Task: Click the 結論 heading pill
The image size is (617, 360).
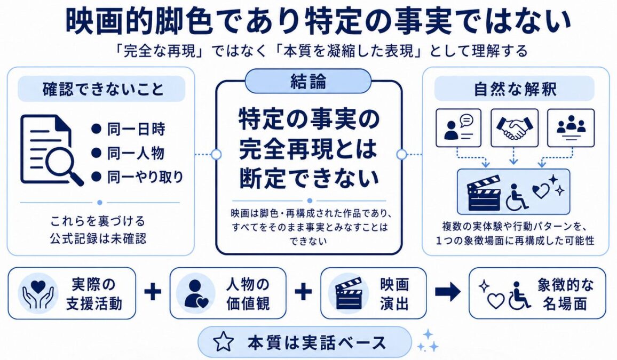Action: pyautogui.click(x=308, y=82)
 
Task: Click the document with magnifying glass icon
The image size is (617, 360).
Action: pyautogui.click(x=51, y=150)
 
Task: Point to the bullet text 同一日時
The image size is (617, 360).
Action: pyautogui.click(x=136, y=129)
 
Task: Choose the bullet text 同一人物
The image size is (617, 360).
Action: pyautogui.click(x=136, y=153)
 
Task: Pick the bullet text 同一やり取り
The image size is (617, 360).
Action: pyautogui.click(x=145, y=177)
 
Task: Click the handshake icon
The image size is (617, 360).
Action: pyautogui.click(x=515, y=127)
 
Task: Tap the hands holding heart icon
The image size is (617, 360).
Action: pyautogui.click(x=38, y=293)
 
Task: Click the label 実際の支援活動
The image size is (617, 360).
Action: pyautogui.click(x=94, y=293)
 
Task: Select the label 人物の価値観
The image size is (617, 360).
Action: pyautogui.click(x=248, y=293)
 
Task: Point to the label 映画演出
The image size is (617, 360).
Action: pyautogui.click(x=394, y=293)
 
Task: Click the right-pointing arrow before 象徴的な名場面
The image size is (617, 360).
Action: pyautogui.click(x=448, y=292)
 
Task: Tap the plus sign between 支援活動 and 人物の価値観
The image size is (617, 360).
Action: pyautogui.click(x=153, y=292)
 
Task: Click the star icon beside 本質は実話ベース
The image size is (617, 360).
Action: pyautogui.click(x=223, y=341)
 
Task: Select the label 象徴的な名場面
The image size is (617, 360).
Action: pyautogui.click(x=565, y=293)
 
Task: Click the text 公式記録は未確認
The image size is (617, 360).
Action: pyautogui.click(x=98, y=238)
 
